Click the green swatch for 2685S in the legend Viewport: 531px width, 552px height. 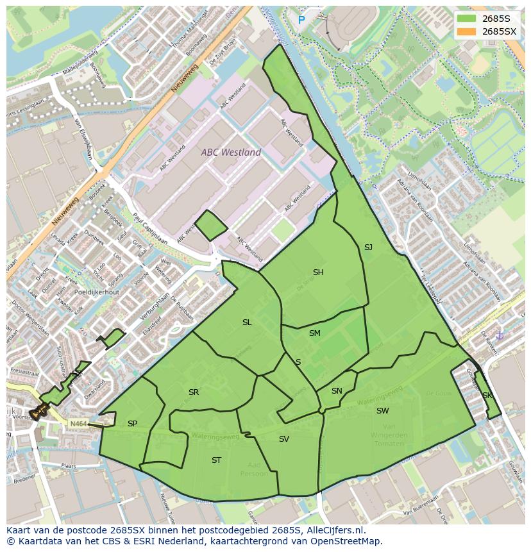(466, 19)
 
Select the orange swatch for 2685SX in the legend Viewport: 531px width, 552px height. (466, 31)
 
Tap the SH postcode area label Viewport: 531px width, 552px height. (318, 272)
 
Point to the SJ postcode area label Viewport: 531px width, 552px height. (368, 247)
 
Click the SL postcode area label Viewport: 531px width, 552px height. (247, 322)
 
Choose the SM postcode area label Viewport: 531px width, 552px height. (314, 333)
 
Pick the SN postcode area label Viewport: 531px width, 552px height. (337, 391)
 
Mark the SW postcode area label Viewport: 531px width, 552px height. (382, 411)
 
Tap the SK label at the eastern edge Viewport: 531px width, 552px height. (487, 396)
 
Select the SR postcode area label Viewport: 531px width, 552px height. (194, 392)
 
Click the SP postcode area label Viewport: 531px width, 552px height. (132, 424)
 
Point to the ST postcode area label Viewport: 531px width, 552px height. (216, 460)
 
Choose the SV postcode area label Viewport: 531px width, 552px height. (284, 439)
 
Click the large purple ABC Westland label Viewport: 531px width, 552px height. (231, 153)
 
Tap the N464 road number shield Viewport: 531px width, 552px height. (78, 424)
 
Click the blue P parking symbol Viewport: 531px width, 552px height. (301, 21)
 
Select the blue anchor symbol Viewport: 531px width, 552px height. (500, 335)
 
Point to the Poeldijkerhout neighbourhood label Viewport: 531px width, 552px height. (96, 292)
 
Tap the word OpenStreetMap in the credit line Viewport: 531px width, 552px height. (350, 542)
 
